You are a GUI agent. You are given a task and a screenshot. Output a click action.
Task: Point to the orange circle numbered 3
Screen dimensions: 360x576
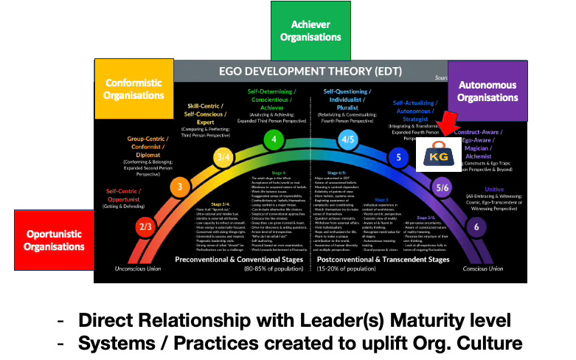[x=180, y=187]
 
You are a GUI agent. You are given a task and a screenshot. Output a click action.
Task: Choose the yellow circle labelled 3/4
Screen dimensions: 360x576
[x=223, y=156]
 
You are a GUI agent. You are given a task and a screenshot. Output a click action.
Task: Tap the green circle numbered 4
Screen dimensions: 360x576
[x=274, y=139]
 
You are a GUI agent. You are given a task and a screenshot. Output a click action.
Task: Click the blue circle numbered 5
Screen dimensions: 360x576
[x=399, y=157]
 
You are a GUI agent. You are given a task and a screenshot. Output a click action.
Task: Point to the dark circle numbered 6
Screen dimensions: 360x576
[x=476, y=227]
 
